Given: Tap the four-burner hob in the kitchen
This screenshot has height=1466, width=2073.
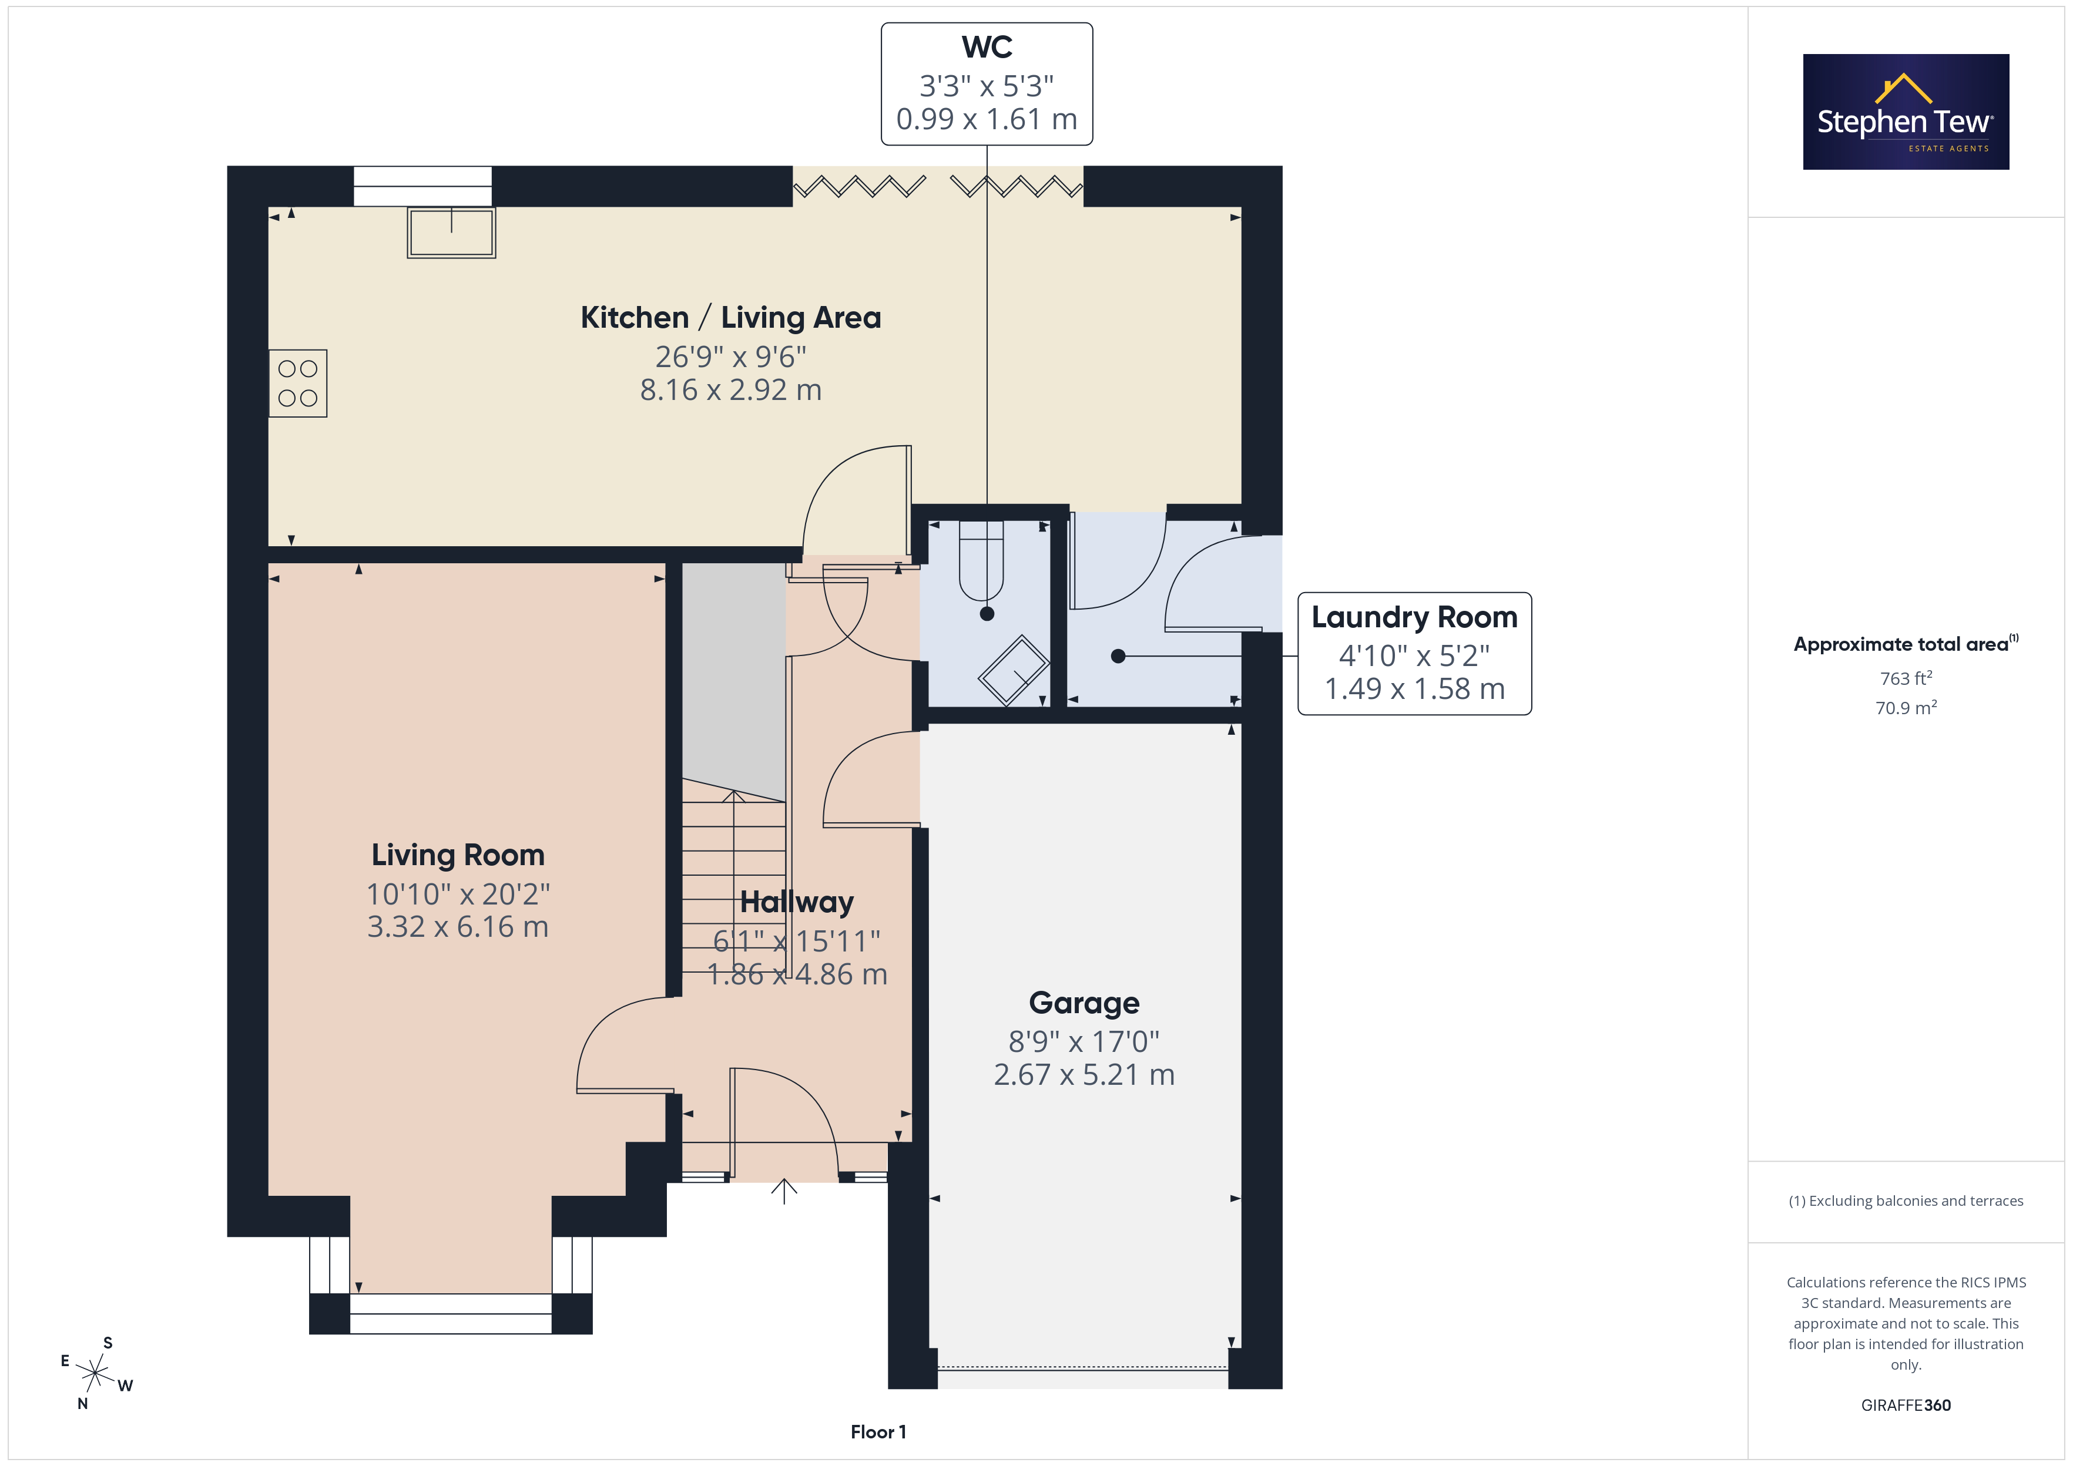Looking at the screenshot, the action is (x=298, y=384).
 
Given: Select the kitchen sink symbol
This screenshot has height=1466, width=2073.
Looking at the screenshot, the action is (x=451, y=233).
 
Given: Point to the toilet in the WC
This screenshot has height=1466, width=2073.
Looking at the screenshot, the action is (x=981, y=560).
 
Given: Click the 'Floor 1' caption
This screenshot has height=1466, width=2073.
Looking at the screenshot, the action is (x=878, y=1432).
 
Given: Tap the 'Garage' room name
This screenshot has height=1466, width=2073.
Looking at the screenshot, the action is (x=1084, y=1003).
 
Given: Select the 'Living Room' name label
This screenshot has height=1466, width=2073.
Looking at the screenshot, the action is (x=458, y=855).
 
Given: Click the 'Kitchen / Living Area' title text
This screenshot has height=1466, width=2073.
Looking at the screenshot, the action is (x=730, y=318).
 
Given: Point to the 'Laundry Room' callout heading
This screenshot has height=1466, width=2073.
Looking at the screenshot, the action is (x=1414, y=617).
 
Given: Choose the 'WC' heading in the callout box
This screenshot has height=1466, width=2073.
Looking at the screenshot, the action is (x=987, y=47).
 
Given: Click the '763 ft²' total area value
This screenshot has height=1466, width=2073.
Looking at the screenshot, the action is (x=1906, y=678).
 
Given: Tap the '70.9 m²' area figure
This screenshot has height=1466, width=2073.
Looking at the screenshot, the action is (x=1906, y=708).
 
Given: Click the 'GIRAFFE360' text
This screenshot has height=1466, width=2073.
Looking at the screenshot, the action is (x=1906, y=1406).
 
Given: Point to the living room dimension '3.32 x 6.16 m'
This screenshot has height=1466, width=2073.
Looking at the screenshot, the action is (x=458, y=927).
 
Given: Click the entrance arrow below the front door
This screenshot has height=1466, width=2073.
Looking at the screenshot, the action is (x=784, y=1192).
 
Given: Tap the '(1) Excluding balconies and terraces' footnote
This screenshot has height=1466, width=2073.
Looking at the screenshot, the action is (x=1906, y=1201).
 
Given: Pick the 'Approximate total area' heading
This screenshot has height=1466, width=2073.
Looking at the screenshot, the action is (x=1901, y=644).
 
